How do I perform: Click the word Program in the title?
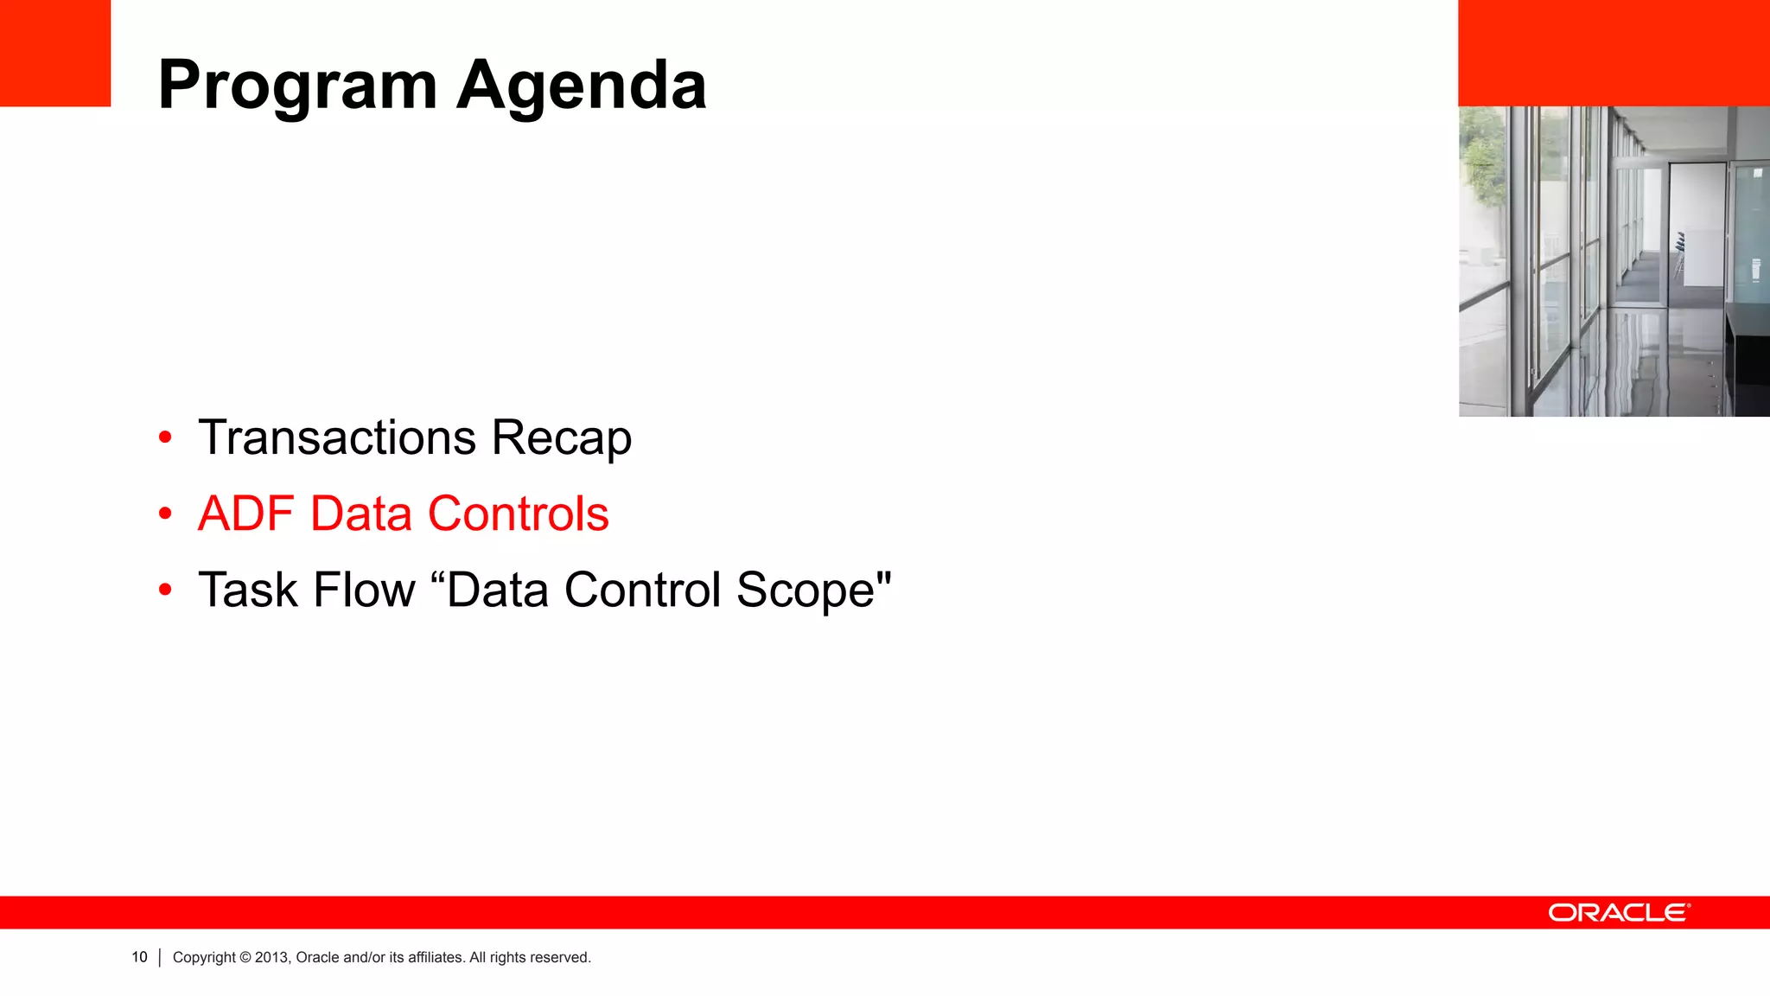point(297,86)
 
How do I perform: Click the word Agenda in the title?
point(581,86)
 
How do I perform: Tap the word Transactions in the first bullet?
point(337,437)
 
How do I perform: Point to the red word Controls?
point(519,514)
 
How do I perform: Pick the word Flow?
point(364,590)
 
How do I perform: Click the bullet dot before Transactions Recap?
point(165,437)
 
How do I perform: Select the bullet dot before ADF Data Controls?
point(165,514)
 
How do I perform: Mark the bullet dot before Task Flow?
point(165,591)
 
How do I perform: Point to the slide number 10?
point(139,957)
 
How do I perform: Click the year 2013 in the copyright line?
point(271,957)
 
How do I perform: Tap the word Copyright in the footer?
point(204,957)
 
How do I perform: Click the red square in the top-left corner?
point(54,53)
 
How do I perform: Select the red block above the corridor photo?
point(1614,53)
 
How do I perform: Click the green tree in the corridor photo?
point(1482,164)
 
